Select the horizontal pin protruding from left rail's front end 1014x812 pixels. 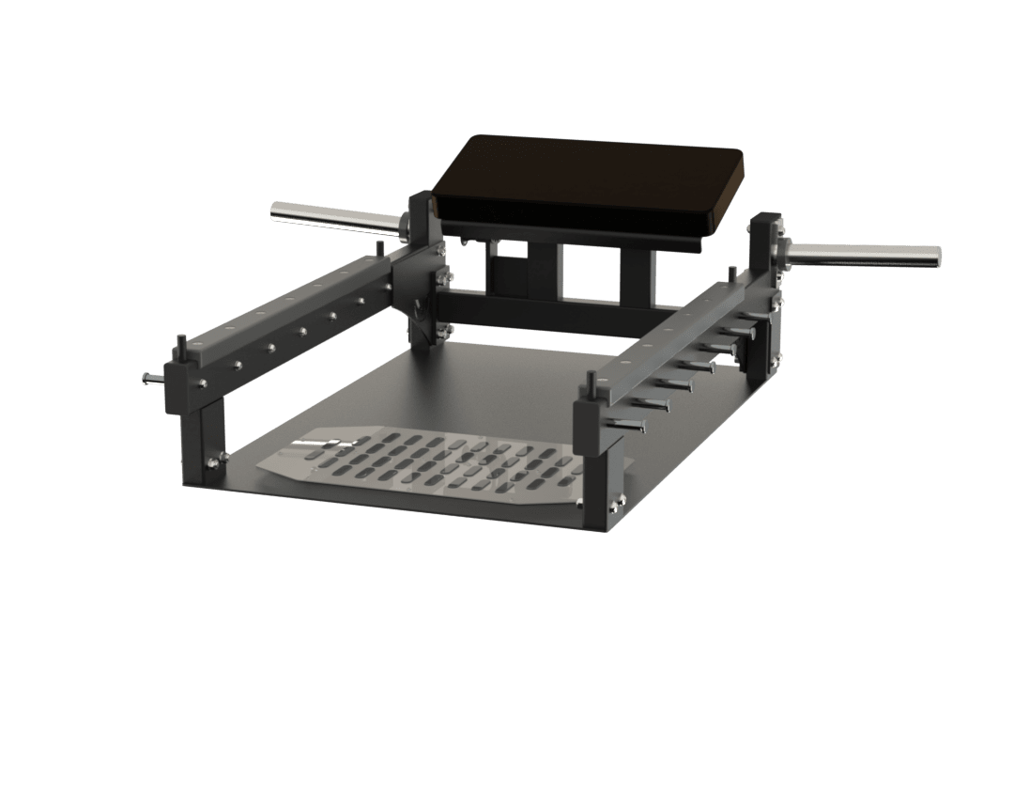153,379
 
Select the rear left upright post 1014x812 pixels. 423,273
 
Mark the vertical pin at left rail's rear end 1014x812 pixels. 378,249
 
